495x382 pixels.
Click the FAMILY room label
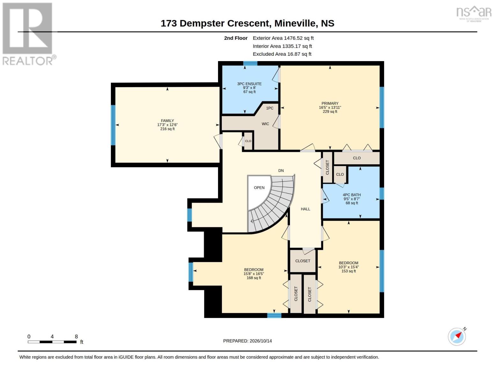[167, 121]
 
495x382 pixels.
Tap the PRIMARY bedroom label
[330, 103]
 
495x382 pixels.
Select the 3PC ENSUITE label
[249, 84]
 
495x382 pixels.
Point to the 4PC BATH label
[352, 195]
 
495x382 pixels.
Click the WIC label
[265, 124]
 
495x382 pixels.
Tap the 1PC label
[270, 108]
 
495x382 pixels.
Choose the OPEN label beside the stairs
[259, 188]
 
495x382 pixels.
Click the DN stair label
[281, 170]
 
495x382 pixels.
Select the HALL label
[305, 209]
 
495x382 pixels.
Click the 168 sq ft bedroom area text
[254, 278]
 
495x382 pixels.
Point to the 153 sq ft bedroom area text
[348, 271]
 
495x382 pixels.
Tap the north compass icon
[457, 336]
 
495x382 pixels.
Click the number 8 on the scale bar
[76, 336]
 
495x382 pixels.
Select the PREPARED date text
[247, 341]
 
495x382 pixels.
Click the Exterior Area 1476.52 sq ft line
[283, 38]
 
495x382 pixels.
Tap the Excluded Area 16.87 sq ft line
[282, 54]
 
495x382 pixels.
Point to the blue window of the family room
[113, 125]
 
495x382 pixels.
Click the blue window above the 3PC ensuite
[250, 63]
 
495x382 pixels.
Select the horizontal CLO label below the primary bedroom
[357, 158]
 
